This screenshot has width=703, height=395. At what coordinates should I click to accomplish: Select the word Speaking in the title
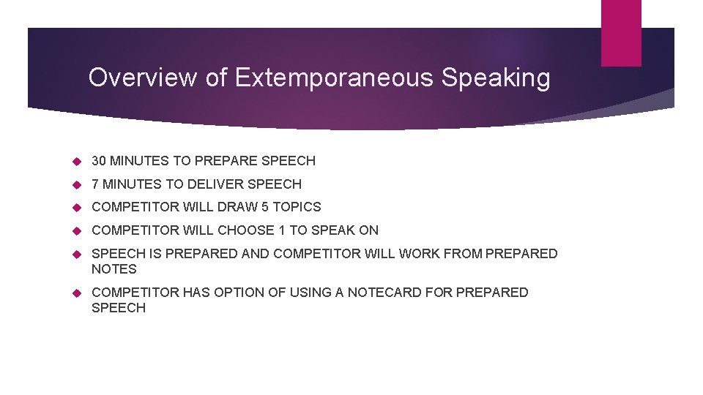pos(496,78)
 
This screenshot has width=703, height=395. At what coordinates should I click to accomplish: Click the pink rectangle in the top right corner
pos(621,32)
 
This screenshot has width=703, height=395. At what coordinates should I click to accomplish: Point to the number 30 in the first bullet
pos(99,161)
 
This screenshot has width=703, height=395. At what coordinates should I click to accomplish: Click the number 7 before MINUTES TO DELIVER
pos(95,184)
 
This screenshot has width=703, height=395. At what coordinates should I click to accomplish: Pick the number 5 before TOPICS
pos(265,207)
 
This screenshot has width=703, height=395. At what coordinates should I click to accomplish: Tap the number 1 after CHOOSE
pos(282,230)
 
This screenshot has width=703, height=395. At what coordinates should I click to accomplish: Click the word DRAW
pos(238,207)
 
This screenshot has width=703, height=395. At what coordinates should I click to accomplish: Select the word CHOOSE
pos(245,230)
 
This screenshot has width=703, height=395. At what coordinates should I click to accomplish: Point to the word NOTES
pos(114,269)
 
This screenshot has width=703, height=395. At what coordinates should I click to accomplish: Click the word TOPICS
pos(297,207)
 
